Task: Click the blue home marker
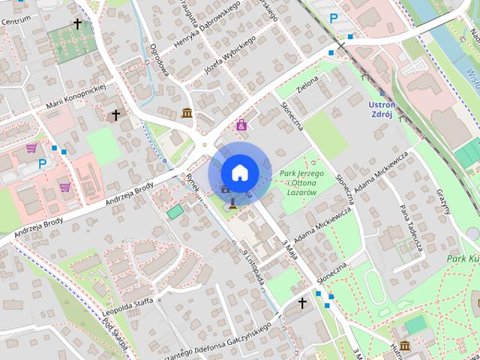[239, 172]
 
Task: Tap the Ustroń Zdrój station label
[388, 109]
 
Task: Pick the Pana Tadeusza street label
[411, 227]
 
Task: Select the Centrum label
[16, 20]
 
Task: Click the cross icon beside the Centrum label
[77, 24]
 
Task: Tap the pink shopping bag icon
[241, 125]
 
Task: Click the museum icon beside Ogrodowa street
[187, 113]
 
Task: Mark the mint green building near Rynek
[175, 212]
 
